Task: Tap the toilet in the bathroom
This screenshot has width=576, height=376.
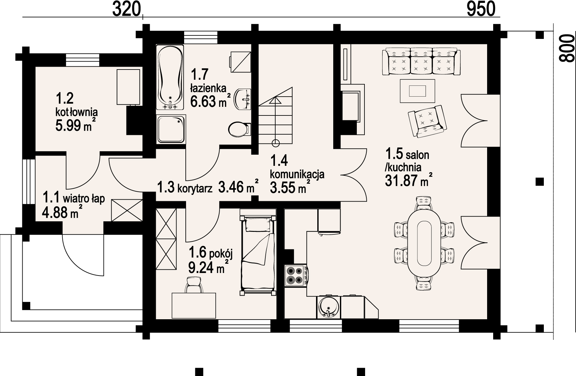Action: tap(239, 129)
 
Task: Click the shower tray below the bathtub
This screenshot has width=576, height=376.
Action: tap(171, 129)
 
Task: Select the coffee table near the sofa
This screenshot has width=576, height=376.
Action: tap(417, 91)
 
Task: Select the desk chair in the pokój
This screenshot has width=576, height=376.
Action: tap(194, 284)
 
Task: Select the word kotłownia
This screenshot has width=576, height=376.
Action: tap(76, 112)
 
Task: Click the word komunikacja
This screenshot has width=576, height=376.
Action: tap(297, 174)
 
